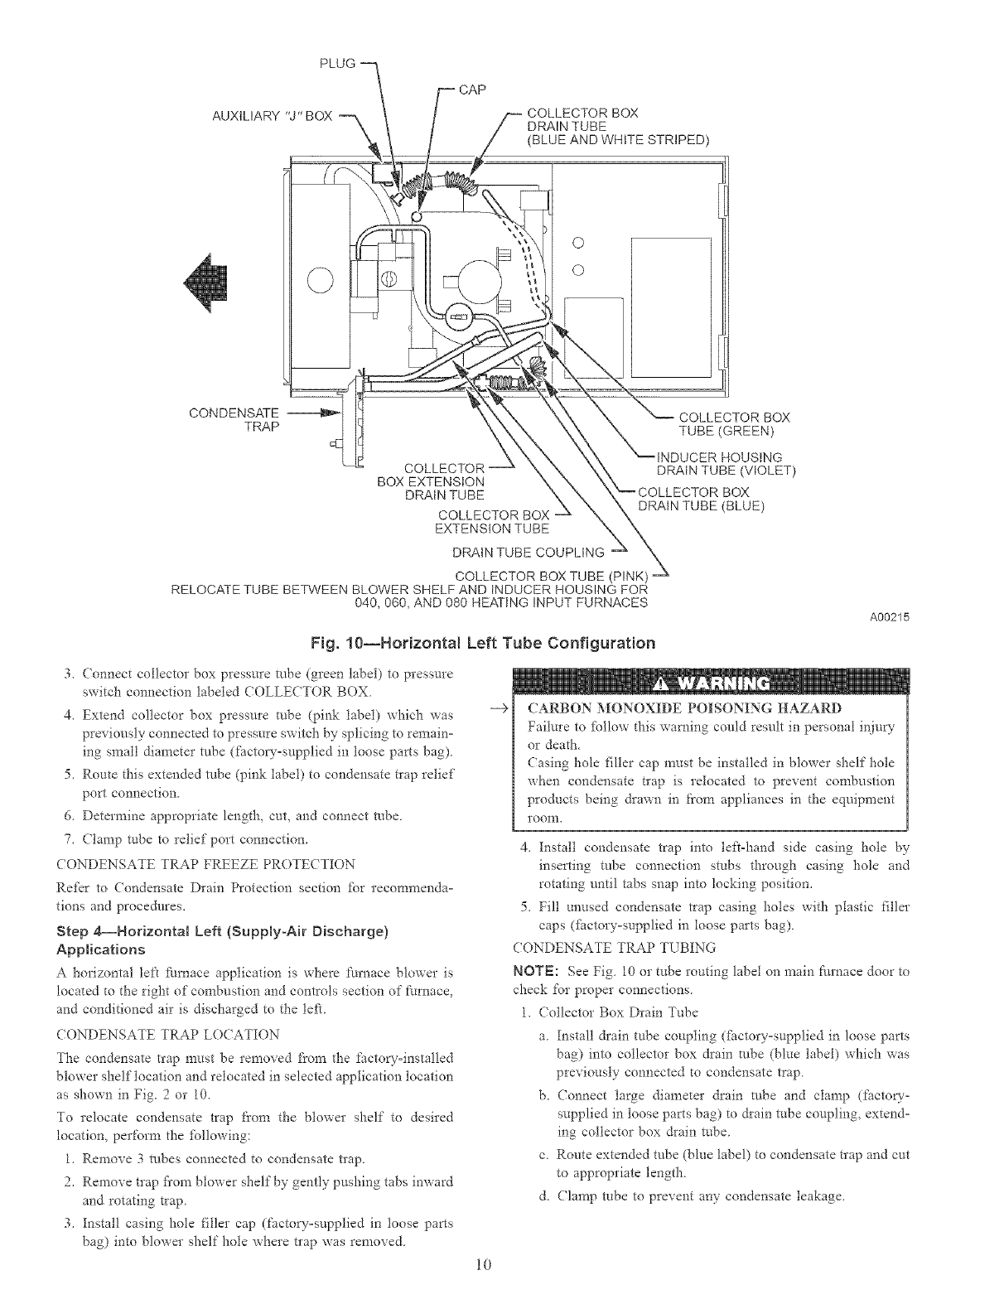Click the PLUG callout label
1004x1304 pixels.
tap(341, 62)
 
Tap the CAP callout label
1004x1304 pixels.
tap(471, 89)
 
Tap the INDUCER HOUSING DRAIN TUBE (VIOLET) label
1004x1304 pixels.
tap(725, 464)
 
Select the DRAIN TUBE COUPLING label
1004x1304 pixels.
tap(529, 553)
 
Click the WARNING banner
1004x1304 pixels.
tap(711, 683)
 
